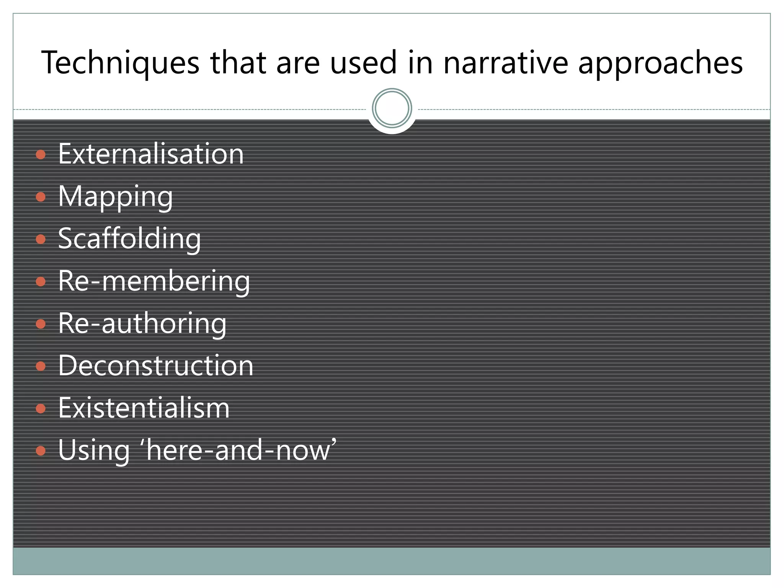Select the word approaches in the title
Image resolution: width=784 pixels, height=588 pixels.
pyautogui.click(x=660, y=63)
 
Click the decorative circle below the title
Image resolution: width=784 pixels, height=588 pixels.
pyautogui.click(x=392, y=108)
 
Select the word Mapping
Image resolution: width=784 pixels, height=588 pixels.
pyautogui.click(x=115, y=196)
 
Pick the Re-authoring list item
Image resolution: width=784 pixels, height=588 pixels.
pyautogui.click(x=142, y=323)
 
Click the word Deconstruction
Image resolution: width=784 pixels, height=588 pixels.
pyautogui.click(x=156, y=366)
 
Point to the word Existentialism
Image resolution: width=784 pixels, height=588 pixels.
pyautogui.click(x=144, y=408)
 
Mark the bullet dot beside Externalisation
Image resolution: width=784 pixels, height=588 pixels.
pyautogui.click(x=41, y=155)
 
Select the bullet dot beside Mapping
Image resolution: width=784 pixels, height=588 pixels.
pyautogui.click(x=41, y=197)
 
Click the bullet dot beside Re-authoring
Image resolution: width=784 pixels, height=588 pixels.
pyautogui.click(x=41, y=324)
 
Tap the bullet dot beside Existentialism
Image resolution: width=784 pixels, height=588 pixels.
pyautogui.click(x=41, y=409)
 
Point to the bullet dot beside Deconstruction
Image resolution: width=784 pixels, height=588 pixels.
pyautogui.click(x=41, y=366)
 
